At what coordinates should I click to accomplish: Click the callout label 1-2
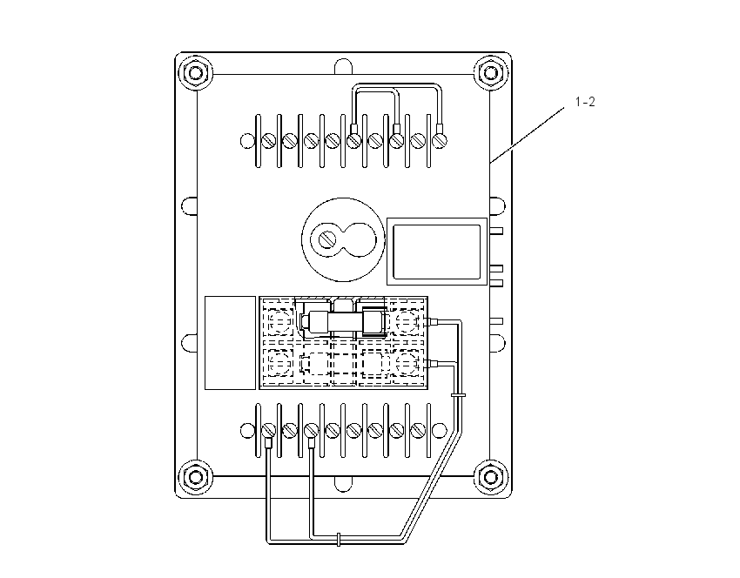pyautogui.click(x=585, y=102)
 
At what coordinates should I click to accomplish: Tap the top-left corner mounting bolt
pyautogui.click(x=195, y=73)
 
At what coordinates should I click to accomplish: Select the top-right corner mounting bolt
pyautogui.click(x=490, y=73)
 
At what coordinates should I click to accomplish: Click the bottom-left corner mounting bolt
pyautogui.click(x=195, y=476)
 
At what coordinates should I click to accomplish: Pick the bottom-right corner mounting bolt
pyautogui.click(x=490, y=476)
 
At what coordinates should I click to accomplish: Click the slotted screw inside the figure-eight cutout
pyautogui.click(x=326, y=239)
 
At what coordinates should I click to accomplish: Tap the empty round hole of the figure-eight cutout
pyautogui.click(x=360, y=239)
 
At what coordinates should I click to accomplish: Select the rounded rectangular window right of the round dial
pyautogui.click(x=436, y=252)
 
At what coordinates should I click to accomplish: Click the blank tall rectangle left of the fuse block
pyautogui.click(x=231, y=343)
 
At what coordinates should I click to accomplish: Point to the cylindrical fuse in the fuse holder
pyautogui.click(x=343, y=322)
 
